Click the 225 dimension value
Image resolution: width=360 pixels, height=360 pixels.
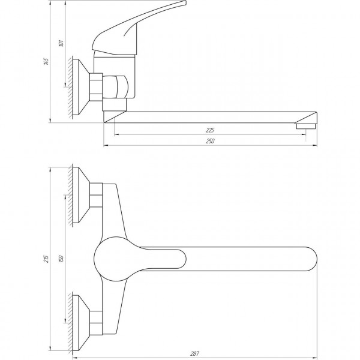209,130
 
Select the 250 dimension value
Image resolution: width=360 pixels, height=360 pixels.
211,141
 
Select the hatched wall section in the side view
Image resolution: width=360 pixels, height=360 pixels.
73,85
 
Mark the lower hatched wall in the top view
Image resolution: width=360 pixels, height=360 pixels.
74,321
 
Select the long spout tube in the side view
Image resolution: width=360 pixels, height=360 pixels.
210,115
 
